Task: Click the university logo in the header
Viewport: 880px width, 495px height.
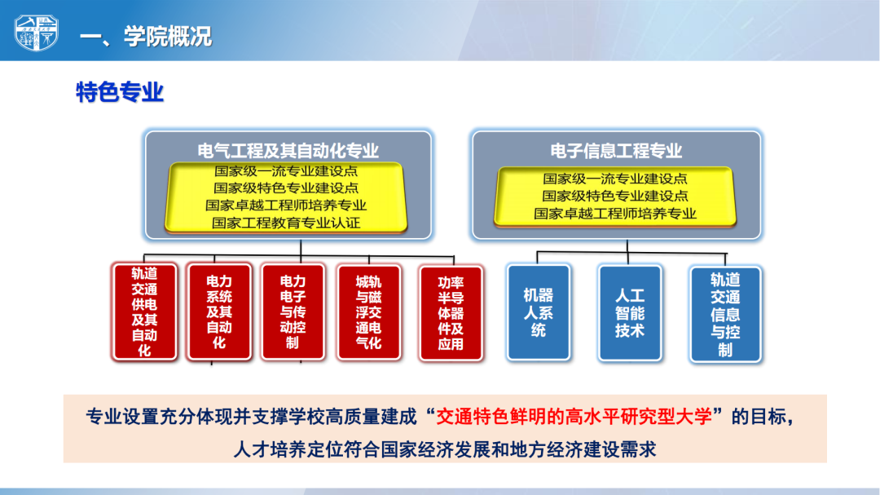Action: pyautogui.click(x=37, y=33)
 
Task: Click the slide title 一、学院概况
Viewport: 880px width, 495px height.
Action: pyautogui.click(x=146, y=37)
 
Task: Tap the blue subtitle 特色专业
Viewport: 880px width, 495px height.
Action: pyautogui.click(x=120, y=92)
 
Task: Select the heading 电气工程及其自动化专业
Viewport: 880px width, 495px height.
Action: pyautogui.click(x=288, y=151)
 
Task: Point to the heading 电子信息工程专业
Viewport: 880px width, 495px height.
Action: pyautogui.click(x=616, y=151)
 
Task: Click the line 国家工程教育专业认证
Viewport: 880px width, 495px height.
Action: pyautogui.click(x=286, y=223)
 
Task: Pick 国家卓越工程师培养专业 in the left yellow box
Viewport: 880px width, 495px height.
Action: pyautogui.click(x=286, y=206)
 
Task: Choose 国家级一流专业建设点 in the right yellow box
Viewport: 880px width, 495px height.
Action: pyautogui.click(x=615, y=179)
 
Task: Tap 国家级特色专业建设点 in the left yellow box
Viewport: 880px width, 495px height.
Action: pyautogui.click(x=286, y=188)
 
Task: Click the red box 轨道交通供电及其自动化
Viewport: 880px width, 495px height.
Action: pyautogui.click(x=145, y=312)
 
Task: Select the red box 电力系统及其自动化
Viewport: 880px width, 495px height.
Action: pyautogui.click(x=219, y=312)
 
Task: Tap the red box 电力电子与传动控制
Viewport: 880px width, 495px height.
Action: pyautogui.click(x=293, y=312)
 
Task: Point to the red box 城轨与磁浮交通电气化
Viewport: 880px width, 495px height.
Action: pyautogui.click(x=369, y=312)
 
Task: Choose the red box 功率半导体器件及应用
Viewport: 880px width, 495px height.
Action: pyautogui.click(x=451, y=313)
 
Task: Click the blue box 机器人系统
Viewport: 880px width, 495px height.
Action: pyautogui.click(x=539, y=312)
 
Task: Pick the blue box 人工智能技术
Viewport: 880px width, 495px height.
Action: pyautogui.click(x=630, y=313)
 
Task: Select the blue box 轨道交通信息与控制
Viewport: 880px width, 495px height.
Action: pyautogui.click(x=725, y=314)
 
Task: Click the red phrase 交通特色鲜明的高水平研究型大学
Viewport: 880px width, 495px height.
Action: pyautogui.click(x=574, y=417)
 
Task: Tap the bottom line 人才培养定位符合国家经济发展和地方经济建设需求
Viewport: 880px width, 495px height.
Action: pyautogui.click(x=445, y=449)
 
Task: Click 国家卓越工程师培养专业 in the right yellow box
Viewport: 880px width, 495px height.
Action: pyautogui.click(x=615, y=214)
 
